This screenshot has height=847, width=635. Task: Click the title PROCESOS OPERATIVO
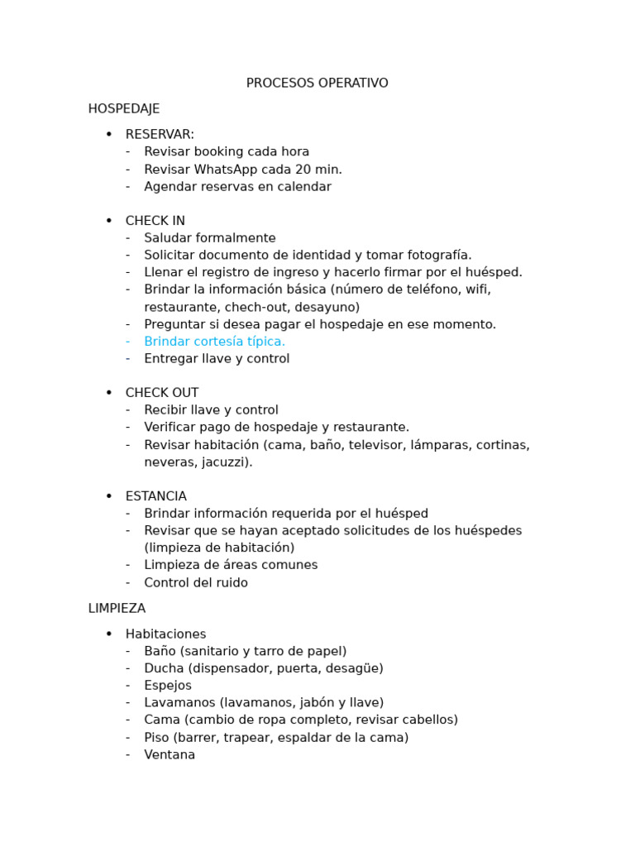[317, 84]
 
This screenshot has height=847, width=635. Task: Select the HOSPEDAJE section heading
[124, 109]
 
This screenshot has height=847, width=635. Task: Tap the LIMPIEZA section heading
[117, 609]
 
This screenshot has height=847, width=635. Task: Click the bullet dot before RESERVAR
[108, 135]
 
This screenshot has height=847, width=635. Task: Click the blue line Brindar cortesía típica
[214, 342]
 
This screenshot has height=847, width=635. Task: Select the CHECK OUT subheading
[162, 393]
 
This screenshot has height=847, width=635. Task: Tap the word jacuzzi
[223, 462]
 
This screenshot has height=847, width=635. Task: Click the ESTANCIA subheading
[156, 496]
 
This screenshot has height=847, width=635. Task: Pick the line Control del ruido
[196, 583]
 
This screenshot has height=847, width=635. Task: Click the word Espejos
[168, 686]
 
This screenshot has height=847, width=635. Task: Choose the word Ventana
[169, 755]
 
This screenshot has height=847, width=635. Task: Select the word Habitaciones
[165, 634]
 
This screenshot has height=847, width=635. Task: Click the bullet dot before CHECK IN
[108, 221]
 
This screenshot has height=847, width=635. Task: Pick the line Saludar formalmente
[210, 238]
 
